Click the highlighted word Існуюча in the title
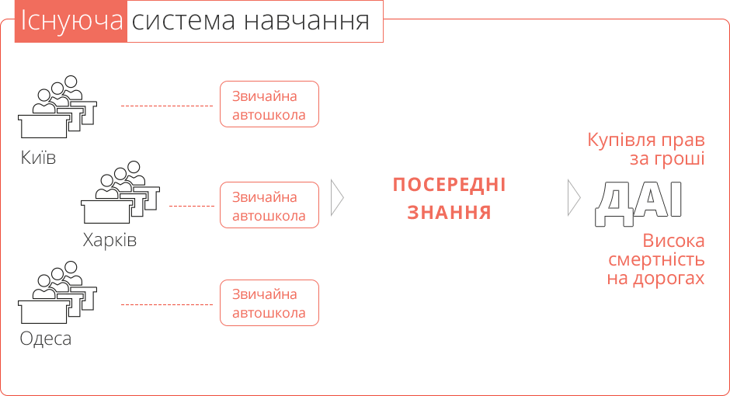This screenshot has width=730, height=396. tap(71, 22)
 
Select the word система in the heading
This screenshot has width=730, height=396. tap(183, 22)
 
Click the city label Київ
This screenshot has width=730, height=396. tap(38, 158)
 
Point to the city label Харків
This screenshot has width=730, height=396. tap(109, 240)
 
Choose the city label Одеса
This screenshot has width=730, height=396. tap(46, 339)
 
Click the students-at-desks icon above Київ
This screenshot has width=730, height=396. tap(57, 106)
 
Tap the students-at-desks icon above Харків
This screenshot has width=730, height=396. tap(120, 193)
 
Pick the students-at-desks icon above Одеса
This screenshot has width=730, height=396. tap(57, 292)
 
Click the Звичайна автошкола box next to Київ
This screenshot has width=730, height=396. tap(269, 104)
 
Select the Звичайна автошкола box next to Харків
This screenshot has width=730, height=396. tap(269, 205)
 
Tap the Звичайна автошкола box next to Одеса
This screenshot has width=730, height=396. tap(269, 303)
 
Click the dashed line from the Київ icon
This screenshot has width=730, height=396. tap(167, 106)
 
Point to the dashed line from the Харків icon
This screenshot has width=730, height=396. tap(192, 206)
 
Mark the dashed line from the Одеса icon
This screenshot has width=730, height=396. tap(167, 305)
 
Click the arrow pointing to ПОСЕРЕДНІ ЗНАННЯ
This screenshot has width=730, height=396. tap(337, 198)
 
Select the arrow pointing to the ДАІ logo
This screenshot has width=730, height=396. tap(574, 198)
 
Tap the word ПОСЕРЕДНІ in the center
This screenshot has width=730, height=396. tap(450, 185)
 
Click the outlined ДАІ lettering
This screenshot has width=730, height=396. tap(638, 203)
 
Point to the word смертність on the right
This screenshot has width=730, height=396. tap(656, 259)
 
